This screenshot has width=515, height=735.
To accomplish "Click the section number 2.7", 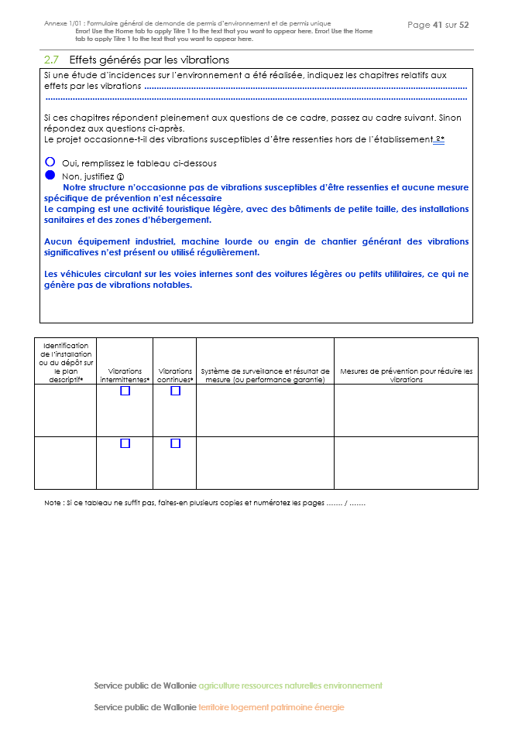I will pyautogui.click(x=52, y=60).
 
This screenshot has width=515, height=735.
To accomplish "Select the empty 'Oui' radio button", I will pyautogui.click(x=50, y=162).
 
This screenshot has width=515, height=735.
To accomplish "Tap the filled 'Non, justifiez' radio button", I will pyautogui.click(x=50, y=176).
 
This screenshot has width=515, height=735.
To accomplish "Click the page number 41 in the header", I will pyautogui.click(x=438, y=25).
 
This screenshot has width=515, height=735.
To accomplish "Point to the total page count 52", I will pyautogui.click(x=464, y=25).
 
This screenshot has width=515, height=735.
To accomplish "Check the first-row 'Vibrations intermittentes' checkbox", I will pyautogui.click(x=125, y=391).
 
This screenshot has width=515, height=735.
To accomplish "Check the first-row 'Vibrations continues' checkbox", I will pyautogui.click(x=175, y=391).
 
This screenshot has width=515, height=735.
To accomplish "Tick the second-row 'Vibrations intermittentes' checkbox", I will pyautogui.click(x=125, y=443).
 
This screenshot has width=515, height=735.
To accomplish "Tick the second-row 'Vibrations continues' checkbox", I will pyautogui.click(x=175, y=443).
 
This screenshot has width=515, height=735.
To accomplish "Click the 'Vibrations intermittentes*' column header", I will pyautogui.click(x=125, y=375).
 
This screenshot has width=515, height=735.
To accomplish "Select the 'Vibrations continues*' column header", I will pyautogui.click(x=175, y=375).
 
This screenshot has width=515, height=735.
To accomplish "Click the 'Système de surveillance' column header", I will pyautogui.click(x=265, y=375).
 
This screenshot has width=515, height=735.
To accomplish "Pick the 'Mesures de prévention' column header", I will pyautogui.click(x=406, y=375).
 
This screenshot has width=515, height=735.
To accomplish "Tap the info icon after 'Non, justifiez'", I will pyautogui.click(x=120, y=176).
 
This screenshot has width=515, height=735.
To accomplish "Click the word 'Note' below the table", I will pyautogui.click(x=53, y=503).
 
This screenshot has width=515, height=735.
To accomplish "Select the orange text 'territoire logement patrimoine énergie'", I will pyautogui.click(x=271, y=707).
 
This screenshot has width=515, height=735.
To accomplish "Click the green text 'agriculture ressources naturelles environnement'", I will pyautogui.click(x=290, y=685).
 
